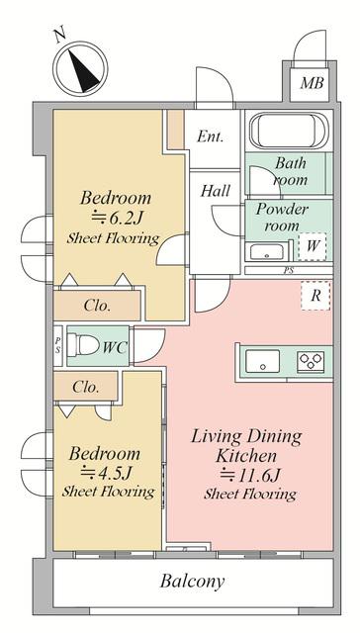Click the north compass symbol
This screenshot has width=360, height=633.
tap(80, 68)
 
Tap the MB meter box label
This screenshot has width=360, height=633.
tap(312, 83)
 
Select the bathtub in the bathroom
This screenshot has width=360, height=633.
tap(289, 130)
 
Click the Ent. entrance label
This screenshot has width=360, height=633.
tap(210, 136)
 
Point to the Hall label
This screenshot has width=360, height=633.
tap(216, 191)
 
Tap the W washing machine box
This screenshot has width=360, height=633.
tap(312, 246)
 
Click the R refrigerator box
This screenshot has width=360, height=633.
tap(315, 296)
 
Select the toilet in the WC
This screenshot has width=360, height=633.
tap(83, 345)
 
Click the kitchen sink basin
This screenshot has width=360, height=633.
tap(263, 361)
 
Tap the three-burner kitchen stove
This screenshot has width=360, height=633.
tap(311, 361)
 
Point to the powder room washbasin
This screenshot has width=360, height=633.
tap(266, 252)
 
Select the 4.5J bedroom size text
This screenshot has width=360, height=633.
tap(107, 472)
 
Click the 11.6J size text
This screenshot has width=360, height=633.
tap(250, 475)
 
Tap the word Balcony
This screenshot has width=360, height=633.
tap(192, 582)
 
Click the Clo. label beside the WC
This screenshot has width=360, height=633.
tap(86, 387)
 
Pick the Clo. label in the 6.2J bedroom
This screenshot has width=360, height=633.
tap(97, 306)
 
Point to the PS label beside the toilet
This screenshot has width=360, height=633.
tap(58, 346)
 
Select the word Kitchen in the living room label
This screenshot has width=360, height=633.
tap(246, 456)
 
